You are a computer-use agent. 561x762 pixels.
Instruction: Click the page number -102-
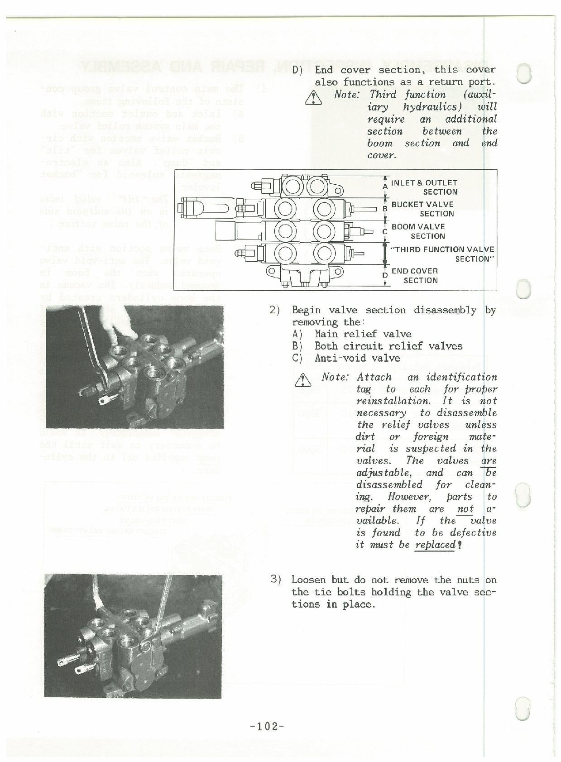[x=267, y=726]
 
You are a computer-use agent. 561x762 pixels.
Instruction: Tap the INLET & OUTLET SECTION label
[x=424, y=187]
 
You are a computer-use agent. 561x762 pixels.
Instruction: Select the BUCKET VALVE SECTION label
[x=422, y=209]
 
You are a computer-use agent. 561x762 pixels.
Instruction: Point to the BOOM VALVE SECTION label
[x=418, y=231]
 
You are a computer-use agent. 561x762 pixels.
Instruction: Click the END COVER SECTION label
[x=414, y=275]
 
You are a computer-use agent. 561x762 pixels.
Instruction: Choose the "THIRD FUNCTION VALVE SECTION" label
[x=442, y=254]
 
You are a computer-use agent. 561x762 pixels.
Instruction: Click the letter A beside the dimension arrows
[x=384, y=186]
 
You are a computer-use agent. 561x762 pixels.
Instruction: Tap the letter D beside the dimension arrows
[x=384, y=275]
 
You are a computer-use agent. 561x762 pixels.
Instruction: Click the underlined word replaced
[x=435, y=545]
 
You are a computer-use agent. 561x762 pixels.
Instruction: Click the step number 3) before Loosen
[x=276, y=579]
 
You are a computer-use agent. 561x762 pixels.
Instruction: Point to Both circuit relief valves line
[x=388, y=346]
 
